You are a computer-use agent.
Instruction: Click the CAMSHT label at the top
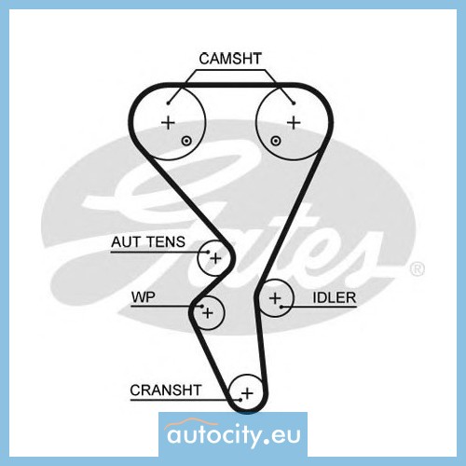(230, 59)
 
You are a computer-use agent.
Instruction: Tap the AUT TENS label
(148, 242)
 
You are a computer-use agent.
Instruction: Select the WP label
(143, 297)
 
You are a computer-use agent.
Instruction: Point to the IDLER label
(334, 298)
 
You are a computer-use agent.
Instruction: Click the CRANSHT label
(166, 391)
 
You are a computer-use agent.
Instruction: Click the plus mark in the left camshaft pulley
(169, 123)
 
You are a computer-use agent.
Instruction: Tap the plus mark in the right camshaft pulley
(294, 123)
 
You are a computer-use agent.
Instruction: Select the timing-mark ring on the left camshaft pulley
(186, 142)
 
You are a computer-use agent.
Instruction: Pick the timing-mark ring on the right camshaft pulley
(276, 141)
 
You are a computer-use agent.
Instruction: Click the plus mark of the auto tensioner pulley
(215, 258)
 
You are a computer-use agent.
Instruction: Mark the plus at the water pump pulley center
(208, 313)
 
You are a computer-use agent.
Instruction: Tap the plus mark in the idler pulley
(275, 298)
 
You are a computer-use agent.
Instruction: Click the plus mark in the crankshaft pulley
(247, 393)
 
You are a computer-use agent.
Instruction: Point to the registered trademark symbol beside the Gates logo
(418, 269)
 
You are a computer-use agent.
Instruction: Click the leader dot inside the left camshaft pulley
(168, 103)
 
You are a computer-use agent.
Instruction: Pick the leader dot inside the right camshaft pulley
(294, 103)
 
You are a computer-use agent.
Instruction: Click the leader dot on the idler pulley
(281, 307)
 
